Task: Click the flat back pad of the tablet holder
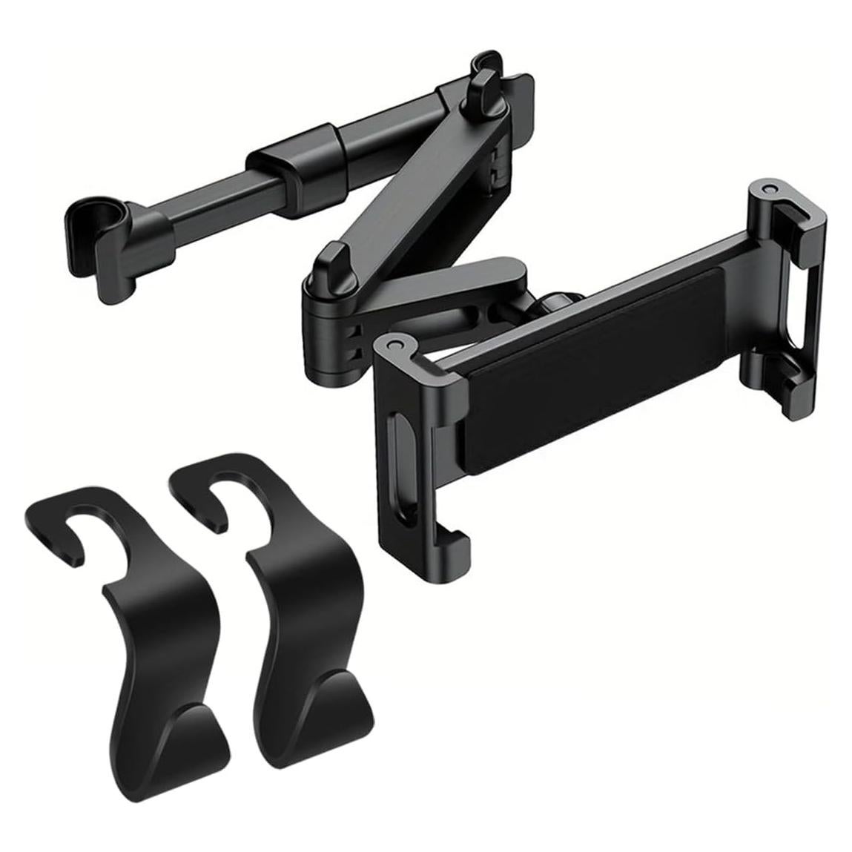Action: [x=586, y=371]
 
